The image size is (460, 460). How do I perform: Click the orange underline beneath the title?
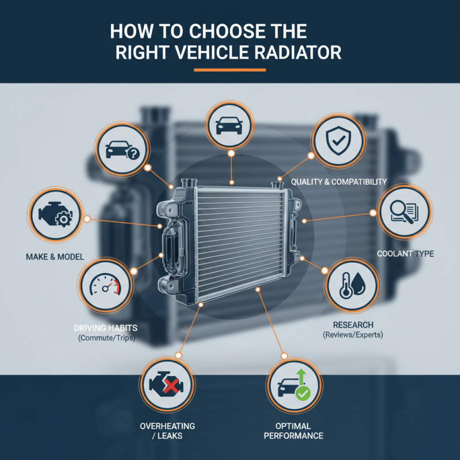pyautogui.click(x=229, y=70)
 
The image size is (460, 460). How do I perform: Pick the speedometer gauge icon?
pyautogui.click(x=105, y=286)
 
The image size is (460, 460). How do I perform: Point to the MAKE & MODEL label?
pyautogui.click(x=54, y=256)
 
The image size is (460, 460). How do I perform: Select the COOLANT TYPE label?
pyautogui.click(x=405, y=254)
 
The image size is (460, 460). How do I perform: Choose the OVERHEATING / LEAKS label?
pyautogui.click(x=167, y=431)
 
